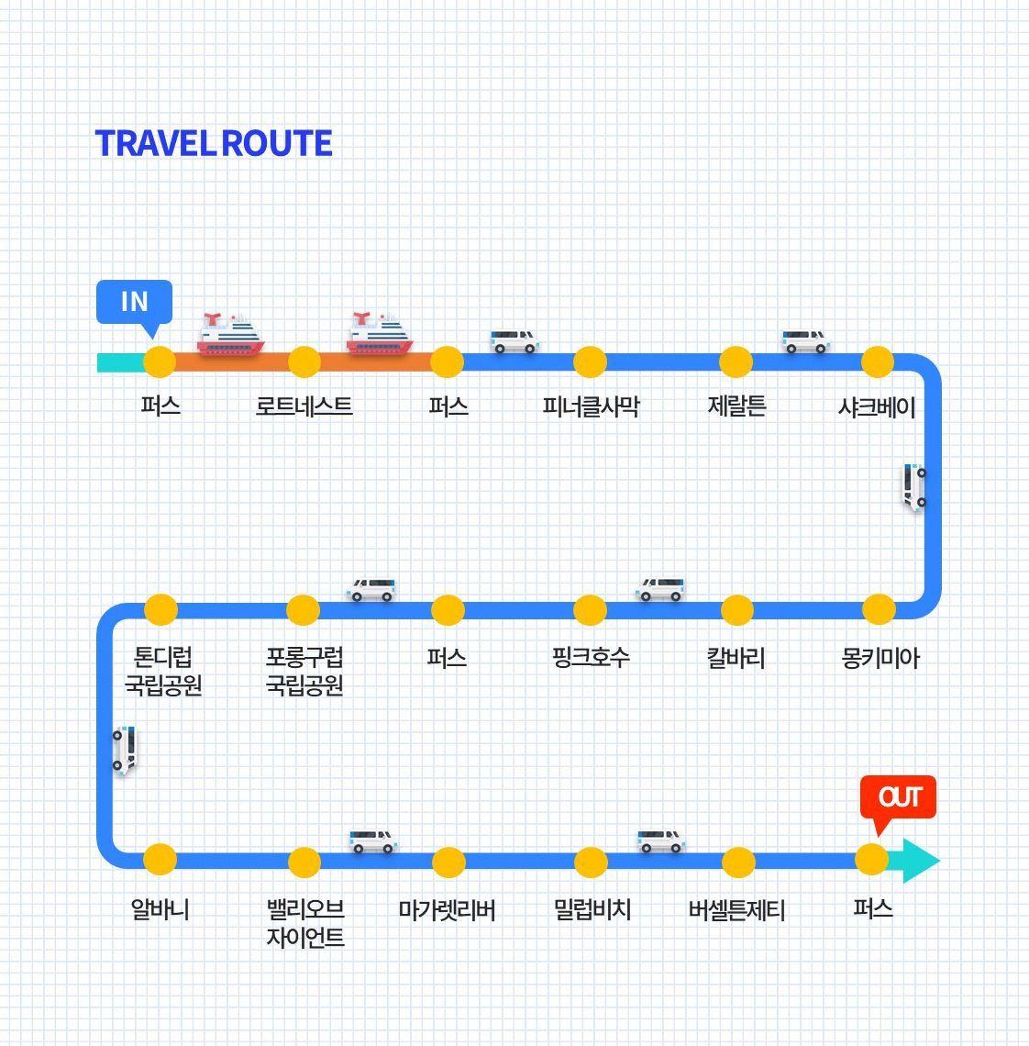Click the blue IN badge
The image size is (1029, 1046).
pos(134,302)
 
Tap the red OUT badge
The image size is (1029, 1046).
pos(898,796)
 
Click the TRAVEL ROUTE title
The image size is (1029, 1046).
pos(214,144)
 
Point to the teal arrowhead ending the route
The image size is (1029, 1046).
pos(920,861)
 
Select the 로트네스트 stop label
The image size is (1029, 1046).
pos(304,406)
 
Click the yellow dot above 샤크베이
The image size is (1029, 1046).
pos(878,362)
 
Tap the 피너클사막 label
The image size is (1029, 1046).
pos(591,406)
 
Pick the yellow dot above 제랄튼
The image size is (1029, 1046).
pos(736,362)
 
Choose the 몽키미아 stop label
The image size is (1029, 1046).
pos(880,657)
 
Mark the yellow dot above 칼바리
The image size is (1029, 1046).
pos(736,610)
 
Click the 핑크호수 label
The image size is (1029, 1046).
pos(591,657)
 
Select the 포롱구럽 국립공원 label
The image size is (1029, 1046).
pos(304,671)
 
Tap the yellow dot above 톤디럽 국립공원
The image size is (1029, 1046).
pos(160,610)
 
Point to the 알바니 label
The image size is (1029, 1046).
pos(160,909)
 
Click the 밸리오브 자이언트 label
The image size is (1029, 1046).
pos(305,923)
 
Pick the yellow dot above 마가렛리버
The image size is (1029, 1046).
pos(448,862)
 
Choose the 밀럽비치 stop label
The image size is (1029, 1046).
pos(592,909)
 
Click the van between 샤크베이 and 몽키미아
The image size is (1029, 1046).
pos(915,486)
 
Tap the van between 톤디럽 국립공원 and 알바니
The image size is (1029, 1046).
pos(124,750)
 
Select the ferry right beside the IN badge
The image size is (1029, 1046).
pos(230,335)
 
